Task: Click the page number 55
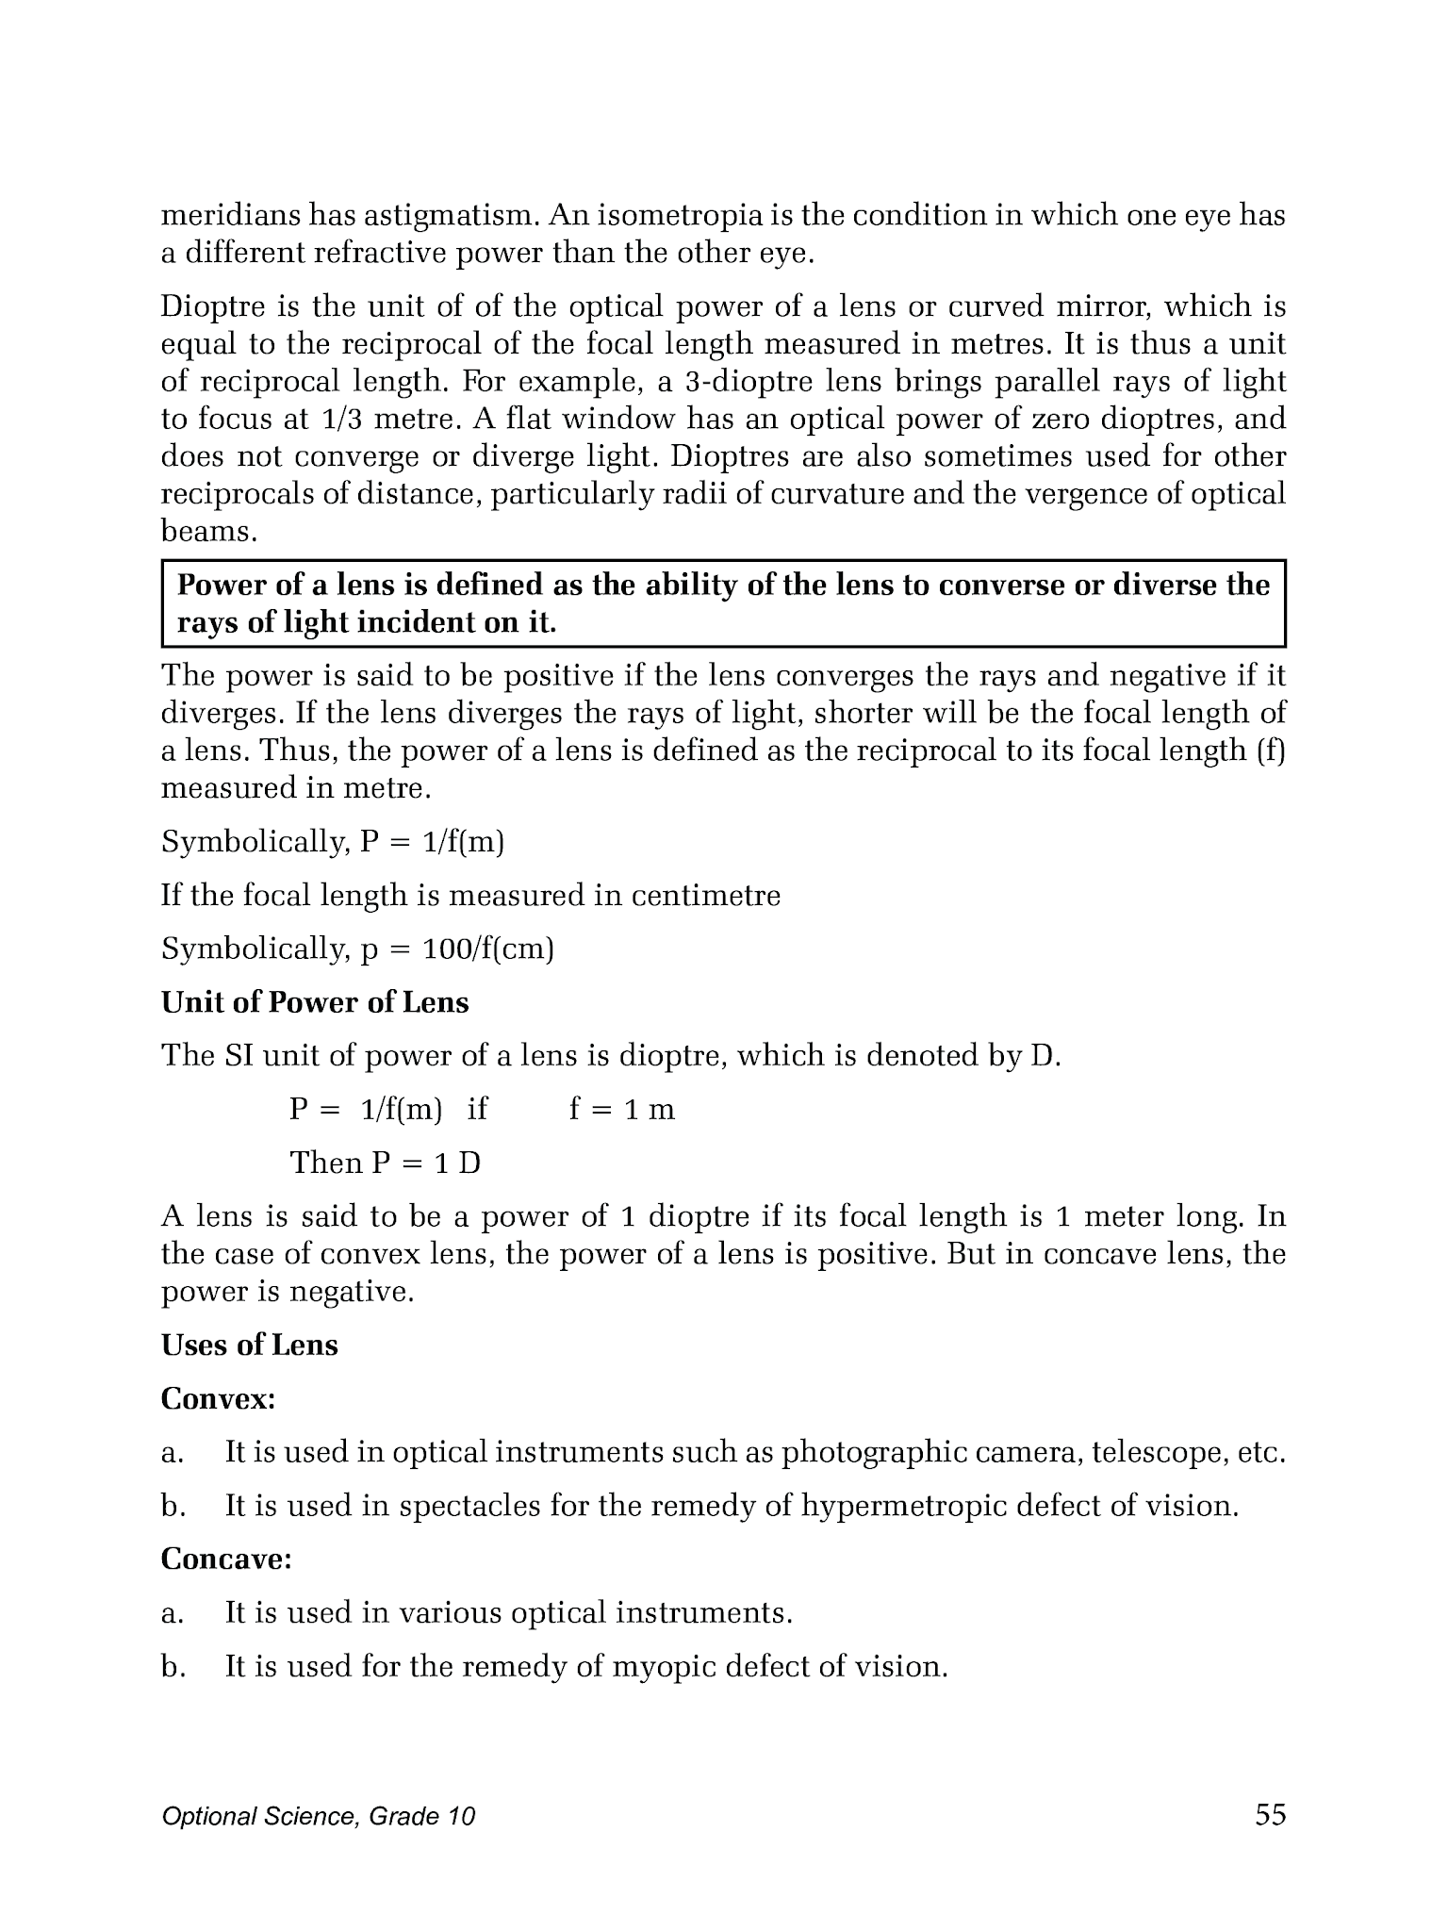tap(1270, 1814)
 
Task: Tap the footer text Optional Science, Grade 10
tap(318, 1816)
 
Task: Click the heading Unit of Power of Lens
tap(315, 1002)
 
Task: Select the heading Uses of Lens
tap(249, 1345)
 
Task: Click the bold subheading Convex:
tap(218, 1398)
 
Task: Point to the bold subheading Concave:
tap(226, 1560)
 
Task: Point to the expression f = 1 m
tap(621, 1109)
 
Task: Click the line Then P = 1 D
tap(385, 1163)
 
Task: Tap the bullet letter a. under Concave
tap(171, 1613)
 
